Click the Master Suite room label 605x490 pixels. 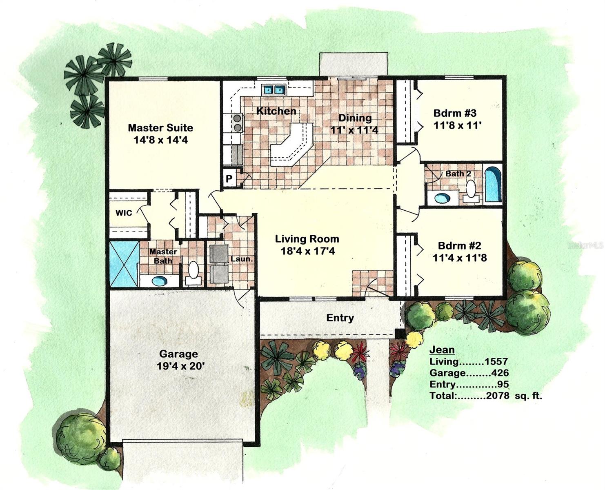tap(160, 128)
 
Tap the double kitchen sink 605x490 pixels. tap(274, 89)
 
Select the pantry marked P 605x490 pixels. tap(229, 179)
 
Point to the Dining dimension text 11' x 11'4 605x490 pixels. tap(354, 130)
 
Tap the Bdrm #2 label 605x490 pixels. tap(459, 246)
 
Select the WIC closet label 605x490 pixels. tap(123, 213)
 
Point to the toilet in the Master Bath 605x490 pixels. tap(193, 272)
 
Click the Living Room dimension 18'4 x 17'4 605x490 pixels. tap(307, 251)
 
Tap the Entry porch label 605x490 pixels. tap(340, 318)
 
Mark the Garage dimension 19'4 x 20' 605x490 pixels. tap(180, 366)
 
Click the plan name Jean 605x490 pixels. tap(442, 350)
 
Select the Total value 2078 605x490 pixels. tap(498, 396)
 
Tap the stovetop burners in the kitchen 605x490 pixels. tap(237, 123)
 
